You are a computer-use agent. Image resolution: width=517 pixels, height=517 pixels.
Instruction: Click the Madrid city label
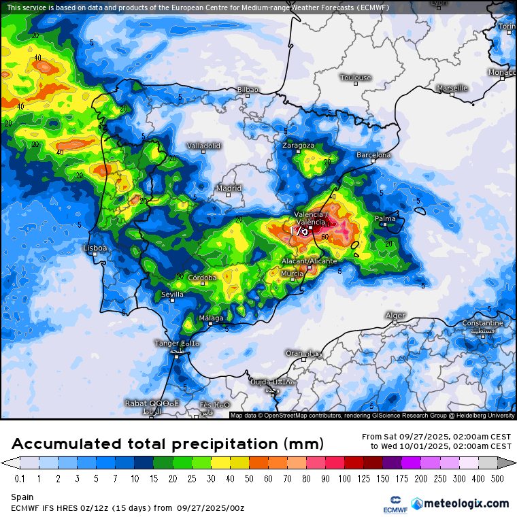point(228,188)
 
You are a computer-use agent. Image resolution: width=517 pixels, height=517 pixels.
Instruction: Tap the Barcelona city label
point(373,155)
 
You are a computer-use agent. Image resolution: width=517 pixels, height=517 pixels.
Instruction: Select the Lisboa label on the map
point(95,248)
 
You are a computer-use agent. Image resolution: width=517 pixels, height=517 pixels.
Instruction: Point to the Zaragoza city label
point(299,146)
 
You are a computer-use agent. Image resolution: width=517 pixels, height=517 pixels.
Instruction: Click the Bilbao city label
point(248,89)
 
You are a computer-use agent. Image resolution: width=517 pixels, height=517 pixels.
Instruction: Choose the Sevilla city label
point(172,294)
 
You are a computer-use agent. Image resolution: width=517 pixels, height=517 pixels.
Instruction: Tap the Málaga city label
point(210,318)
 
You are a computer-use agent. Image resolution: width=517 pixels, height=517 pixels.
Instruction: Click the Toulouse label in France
point(355,78)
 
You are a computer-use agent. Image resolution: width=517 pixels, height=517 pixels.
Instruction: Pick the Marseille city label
point(452,88)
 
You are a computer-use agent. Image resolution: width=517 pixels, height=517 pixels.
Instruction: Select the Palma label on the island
point(385,218)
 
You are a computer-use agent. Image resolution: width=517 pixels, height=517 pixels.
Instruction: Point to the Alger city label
point(395,315)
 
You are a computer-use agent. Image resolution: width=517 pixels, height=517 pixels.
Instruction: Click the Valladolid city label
point(204,146)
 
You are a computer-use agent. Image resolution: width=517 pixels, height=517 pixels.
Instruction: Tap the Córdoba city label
point(202,278)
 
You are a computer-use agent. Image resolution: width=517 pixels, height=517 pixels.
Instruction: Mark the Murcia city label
point(293,273)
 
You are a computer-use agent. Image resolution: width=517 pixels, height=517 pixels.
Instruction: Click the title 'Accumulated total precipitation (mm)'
point(167,444)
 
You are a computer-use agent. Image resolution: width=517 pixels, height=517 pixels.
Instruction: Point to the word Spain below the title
point(22,497)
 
